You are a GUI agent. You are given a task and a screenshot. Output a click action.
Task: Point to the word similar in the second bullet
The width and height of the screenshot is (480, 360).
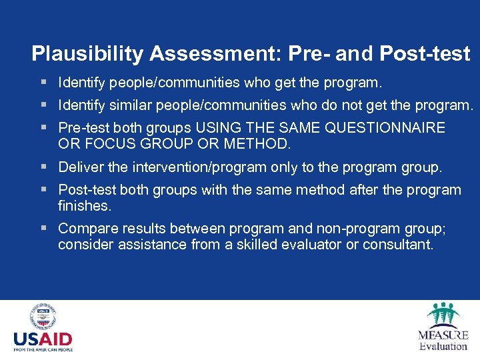coord(121,105)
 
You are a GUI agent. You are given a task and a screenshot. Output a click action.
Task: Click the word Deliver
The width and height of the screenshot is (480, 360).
coord(80,167)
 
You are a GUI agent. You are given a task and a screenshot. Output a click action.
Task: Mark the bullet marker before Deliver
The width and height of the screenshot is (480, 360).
coord(43,167)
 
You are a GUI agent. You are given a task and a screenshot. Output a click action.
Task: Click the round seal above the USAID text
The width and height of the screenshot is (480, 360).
coord(43,317)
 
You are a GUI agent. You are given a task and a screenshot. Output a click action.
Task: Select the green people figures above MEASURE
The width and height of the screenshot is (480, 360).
coord(443,315)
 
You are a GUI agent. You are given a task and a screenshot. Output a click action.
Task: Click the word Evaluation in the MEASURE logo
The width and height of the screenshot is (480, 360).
coord(443,346)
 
